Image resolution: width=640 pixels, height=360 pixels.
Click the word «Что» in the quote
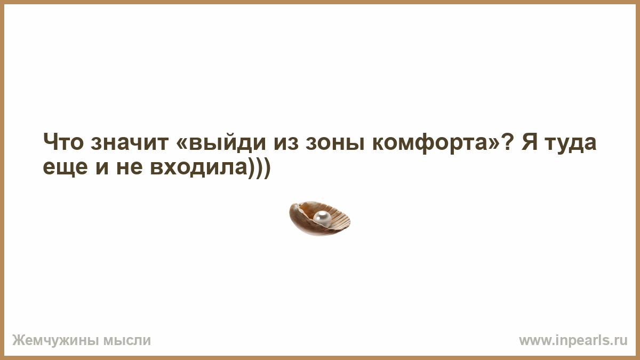pos(63,142)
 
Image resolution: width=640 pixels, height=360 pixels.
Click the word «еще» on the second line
pos(65,167)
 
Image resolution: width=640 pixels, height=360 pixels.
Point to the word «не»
pos(130,167)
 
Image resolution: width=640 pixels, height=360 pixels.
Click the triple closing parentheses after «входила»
pos(259,167)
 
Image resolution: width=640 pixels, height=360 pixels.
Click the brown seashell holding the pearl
pos(319,219)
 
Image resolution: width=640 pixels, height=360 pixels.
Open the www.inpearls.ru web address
pos(573,341)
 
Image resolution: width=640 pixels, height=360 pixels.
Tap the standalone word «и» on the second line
pos(102,168)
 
